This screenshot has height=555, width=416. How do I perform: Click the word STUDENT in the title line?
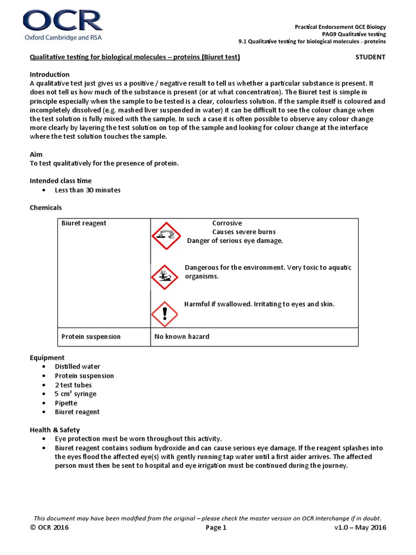tap(370, 57)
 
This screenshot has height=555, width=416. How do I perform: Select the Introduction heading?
tap(49, 74)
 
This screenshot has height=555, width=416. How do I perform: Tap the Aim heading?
tap(36, 154)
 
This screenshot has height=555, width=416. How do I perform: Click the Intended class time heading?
tap(60, 180)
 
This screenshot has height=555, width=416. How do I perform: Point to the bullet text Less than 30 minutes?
tap(87, 190)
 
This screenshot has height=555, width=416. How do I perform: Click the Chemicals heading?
tap(45, 208)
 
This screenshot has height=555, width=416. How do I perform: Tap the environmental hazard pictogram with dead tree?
tap(164, 277)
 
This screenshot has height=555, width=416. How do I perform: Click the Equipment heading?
tap(47, 358)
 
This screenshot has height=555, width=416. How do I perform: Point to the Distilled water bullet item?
tap(77, 367)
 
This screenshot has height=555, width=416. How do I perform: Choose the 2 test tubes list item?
tap(73, 385)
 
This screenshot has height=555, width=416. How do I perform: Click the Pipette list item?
tap(66, 403)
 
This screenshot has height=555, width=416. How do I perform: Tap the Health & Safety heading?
tap(54, 430)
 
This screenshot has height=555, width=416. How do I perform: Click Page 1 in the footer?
tap(217, 528)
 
